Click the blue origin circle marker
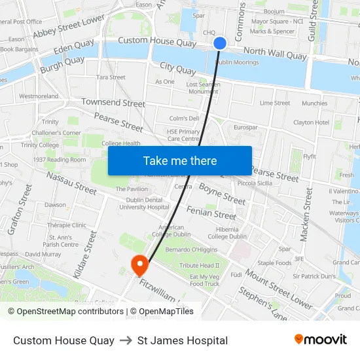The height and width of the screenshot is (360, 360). [220, 43]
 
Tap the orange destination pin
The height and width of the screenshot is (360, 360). [139, 265]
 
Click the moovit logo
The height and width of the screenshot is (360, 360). [320, 340]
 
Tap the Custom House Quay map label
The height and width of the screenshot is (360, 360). [157, 41]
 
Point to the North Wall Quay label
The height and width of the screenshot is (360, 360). [275, 54]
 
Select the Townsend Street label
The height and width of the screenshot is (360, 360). [113, 103]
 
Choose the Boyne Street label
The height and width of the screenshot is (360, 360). [223, 194]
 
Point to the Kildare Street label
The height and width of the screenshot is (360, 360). [85, 255]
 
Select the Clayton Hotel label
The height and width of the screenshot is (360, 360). [311, 122]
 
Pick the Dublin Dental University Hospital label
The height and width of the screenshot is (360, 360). [144, 203]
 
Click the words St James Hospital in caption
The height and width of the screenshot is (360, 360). [183, 340]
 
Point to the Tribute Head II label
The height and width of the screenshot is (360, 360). [200, 266]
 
